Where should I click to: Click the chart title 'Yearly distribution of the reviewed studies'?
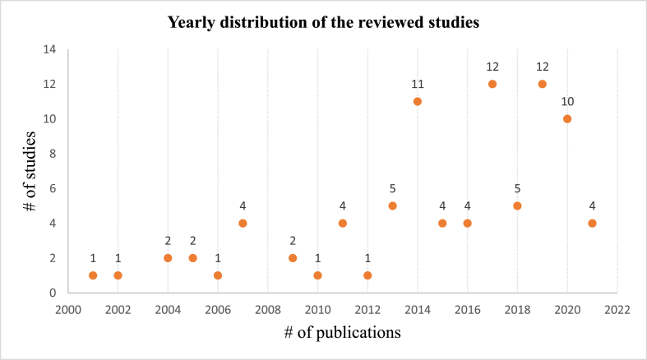tap(323, 22)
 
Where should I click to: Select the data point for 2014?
tap(418, 101)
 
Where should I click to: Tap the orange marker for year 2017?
tap(492, 84)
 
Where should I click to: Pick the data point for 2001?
tap(93, 275)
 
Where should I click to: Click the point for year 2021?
tap(592, 223)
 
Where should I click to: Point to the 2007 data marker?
tap(243, 223)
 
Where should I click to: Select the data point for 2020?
tap(567, 118)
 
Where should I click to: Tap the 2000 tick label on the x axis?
tap(68, 310)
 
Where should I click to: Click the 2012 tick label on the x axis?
tap(367, 310)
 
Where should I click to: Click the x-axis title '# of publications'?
tap(342, 334)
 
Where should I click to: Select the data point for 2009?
tap(293, 258)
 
